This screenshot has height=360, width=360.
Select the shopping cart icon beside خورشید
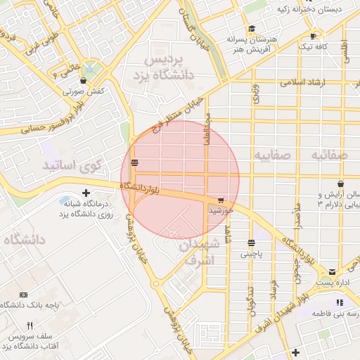(221, 200)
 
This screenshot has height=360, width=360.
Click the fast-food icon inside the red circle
(134, 163)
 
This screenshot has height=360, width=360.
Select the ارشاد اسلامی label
(304, 83)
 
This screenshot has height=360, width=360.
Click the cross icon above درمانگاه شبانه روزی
(86, 193)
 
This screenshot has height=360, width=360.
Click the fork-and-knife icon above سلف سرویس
(29, 326)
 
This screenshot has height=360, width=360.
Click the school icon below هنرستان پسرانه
(233, 51)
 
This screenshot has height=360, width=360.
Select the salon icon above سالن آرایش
(321, 184)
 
